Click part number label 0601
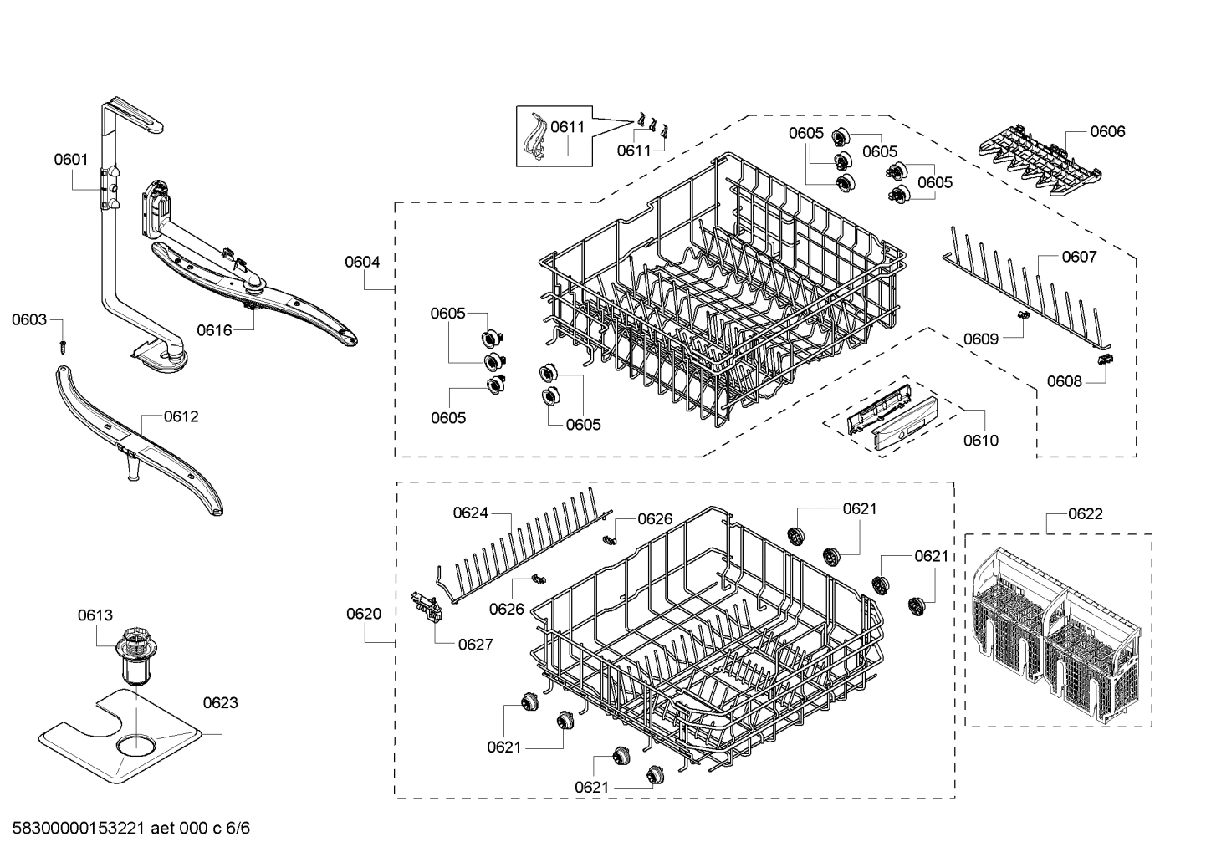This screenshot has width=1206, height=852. click(71, 159)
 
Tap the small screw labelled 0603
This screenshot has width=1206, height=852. click(61, 344)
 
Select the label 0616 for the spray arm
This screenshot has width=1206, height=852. click(214, 329)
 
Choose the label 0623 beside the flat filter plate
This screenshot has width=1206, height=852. click(220, 702)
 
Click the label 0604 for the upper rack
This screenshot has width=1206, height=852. click(362, 262)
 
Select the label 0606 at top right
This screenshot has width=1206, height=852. click(1107, 131)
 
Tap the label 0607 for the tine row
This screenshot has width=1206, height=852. click(1079, 257)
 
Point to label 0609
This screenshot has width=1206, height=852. click(980, 339)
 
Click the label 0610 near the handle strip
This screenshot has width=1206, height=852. click(980, 441)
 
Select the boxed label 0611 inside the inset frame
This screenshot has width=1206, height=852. click(567, 127)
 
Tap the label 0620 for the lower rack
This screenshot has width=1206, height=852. click(364, 614)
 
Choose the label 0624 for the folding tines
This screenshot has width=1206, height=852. click(470, 513)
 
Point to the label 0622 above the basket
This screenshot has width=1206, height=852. click(1085, 513)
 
